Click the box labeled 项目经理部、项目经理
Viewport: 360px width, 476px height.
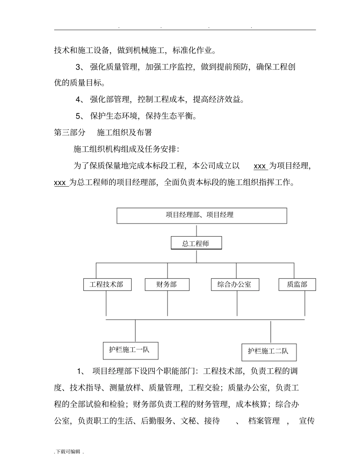pos(202,215)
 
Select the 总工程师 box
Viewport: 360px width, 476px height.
pos(196,243)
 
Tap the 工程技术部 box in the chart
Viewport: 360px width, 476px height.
pos(107,284)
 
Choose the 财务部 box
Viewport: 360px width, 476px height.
pos(167,284)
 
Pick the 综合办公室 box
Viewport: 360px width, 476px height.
pos(235,284)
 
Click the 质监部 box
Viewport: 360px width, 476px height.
pos(297,284)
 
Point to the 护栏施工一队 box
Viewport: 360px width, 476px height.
pos(130,350)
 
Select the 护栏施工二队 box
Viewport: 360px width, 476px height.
pos(269,352)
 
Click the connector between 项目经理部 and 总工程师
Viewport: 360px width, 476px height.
pos(196,231)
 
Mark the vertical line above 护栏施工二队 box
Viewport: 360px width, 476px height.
pos(271,332)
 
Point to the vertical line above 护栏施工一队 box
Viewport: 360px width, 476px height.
pos(135,331)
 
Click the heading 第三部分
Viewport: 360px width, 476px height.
pos(70,132)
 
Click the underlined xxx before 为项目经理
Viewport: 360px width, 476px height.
pos(260,166)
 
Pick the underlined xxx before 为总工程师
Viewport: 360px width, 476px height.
pos(61,183)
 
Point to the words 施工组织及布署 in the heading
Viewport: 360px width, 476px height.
pos(124,132)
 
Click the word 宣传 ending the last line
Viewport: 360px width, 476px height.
pos(307,421)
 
